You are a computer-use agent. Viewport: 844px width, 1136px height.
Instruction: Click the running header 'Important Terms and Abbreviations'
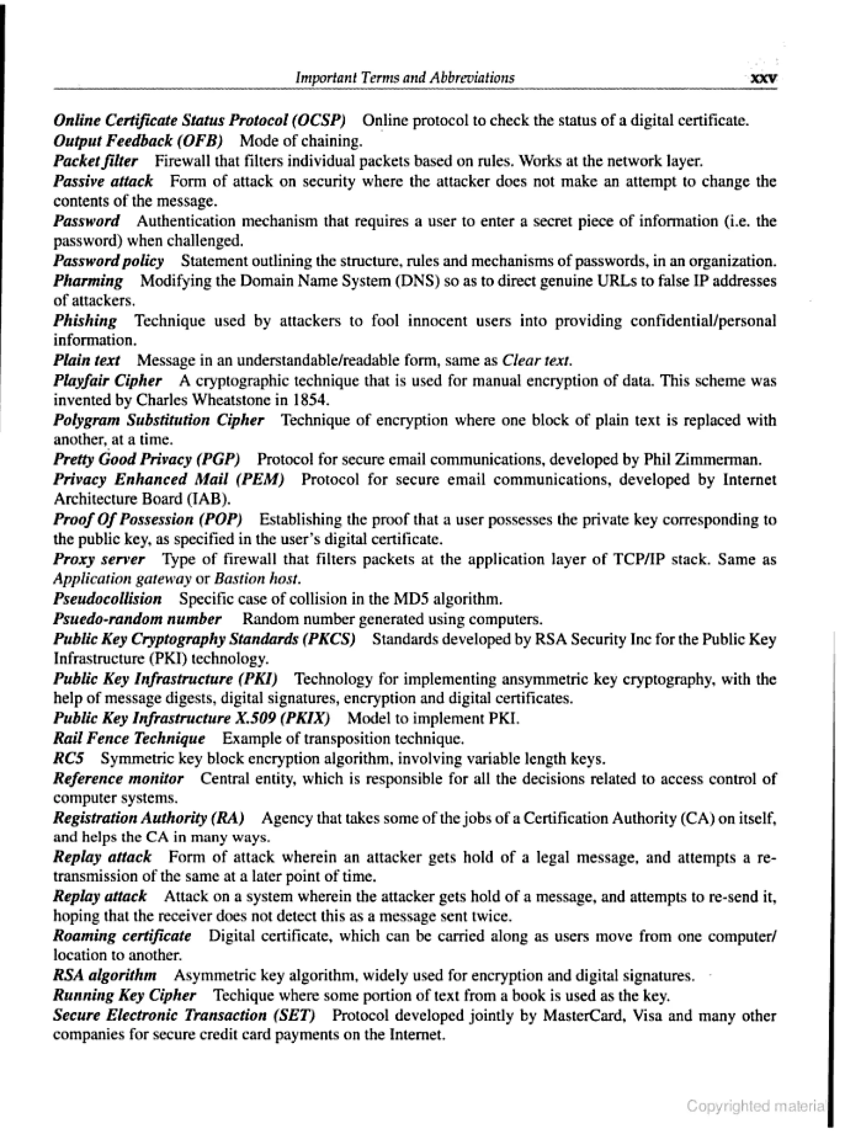click(405, 77)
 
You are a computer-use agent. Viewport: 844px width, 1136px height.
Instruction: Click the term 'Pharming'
click(88, 281)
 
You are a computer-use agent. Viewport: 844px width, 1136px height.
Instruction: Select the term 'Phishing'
click(85, 321)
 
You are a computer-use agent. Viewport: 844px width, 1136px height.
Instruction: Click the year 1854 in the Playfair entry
click(313, 400)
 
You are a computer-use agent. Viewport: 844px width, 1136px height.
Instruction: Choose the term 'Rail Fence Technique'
click(129, 739)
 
